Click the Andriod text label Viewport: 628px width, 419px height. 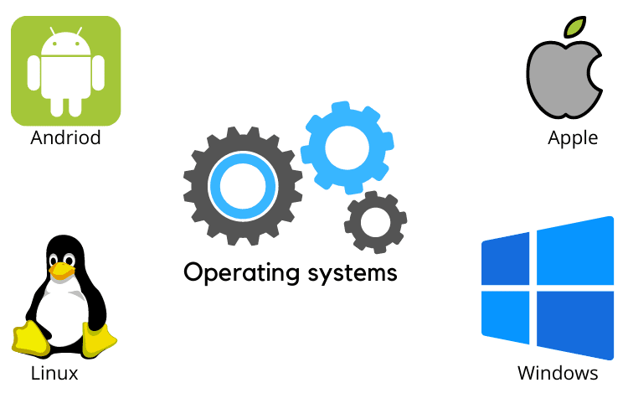(65, 137)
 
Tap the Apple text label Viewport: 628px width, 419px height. (573, 137)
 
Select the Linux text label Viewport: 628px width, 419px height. (54, 373)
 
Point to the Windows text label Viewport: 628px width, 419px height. (558, 373)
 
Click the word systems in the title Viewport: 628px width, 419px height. (351, 272)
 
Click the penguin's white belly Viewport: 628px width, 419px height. (62, 314)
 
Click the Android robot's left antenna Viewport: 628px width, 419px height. (52, 31)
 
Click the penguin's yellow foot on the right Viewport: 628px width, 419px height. (99, 340)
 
